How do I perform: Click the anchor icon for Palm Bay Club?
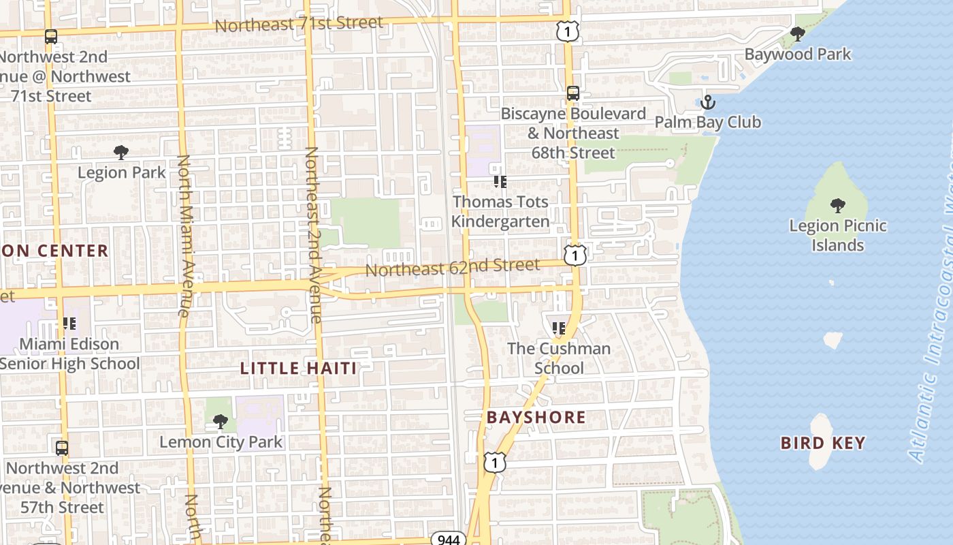(708, 103)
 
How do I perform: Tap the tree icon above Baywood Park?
(797, 33)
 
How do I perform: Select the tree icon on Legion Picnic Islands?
(838, 205)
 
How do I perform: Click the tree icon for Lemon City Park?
(220, 422)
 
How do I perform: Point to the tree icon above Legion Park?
(121, 153)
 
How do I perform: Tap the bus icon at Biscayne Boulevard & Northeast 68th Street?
(573, 93)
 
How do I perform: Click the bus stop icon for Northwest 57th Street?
(62, 448)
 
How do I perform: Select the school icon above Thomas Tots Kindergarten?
(500, 182)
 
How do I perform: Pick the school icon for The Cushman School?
(559, 328)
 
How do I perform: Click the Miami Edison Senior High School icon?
(69, 324)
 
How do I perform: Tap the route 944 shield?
(449, 540)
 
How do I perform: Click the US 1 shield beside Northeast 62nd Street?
(575, 255)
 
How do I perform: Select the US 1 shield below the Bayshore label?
(495, 463)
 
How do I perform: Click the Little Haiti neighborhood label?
(298, 369)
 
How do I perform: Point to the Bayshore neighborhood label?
(536, 417)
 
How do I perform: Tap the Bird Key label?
(822, 443)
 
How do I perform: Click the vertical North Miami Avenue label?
(184, 235)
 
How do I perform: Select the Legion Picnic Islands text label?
(837, 235)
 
